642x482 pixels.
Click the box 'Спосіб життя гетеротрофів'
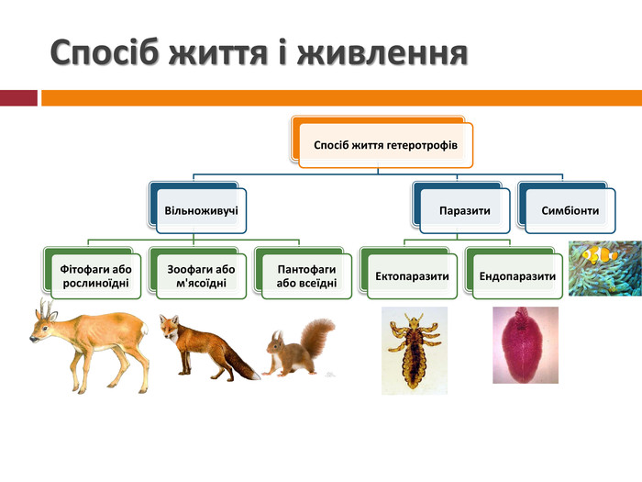(385, 145)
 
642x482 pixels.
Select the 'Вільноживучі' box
(201, 211)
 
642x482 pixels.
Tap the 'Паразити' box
(464, 211)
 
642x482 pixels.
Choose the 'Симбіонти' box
(570, 211)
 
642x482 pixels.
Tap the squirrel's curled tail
(317, 335)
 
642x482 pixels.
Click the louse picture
(414, 350)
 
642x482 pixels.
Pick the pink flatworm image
(525, 344)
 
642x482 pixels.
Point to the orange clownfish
(600, 254)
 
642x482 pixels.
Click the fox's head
(170, 327)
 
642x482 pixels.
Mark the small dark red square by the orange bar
(18, 98)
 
